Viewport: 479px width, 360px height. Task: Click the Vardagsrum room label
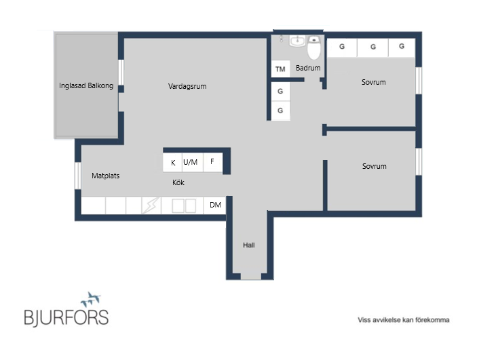click(187, 86)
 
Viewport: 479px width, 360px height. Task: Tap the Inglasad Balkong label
click(86, 85)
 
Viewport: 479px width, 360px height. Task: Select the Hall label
click(249, 245)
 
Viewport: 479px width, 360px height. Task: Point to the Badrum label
click(308, 68)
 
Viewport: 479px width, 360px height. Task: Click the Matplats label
click(105, 176)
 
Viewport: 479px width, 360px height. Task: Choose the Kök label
click(178, 182)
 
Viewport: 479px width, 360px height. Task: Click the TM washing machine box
click(280, 68)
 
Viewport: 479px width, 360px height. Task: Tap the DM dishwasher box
click(215, 205)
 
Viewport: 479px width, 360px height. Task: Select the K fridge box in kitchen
click(172, 163)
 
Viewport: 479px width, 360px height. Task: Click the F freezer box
click(212, 162)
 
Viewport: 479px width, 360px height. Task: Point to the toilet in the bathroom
click(313, 47)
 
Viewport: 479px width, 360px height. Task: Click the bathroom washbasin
click(297, 41)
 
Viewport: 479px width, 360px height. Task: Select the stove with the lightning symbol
click(151, 205)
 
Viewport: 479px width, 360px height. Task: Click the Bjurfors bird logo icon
click(91, 299)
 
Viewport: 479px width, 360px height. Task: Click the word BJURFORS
click(66, 317)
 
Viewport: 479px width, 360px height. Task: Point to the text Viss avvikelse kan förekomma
click(404, 320)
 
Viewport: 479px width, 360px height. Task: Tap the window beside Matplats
click(78, 176)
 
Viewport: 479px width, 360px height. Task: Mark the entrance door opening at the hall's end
click(251, 277)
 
